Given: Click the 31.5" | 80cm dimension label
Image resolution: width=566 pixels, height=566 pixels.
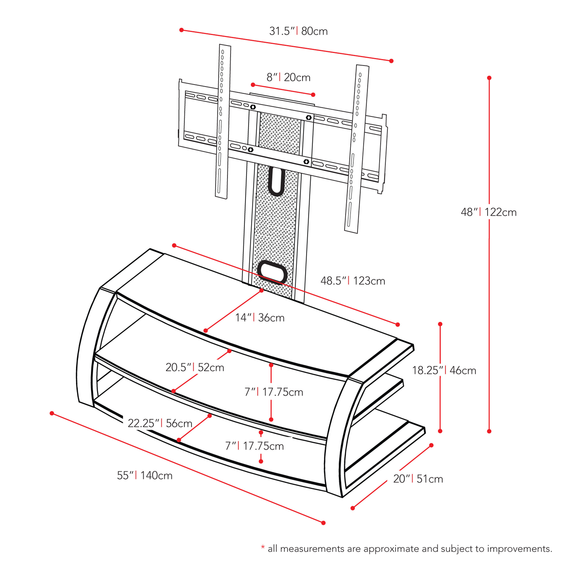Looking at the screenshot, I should (298, 31).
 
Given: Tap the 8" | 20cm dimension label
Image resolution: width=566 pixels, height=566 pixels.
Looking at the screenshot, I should (288, 77).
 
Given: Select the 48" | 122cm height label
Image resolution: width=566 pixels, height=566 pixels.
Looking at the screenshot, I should (489, 212).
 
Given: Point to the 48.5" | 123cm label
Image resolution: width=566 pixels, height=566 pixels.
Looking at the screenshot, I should (352, 281).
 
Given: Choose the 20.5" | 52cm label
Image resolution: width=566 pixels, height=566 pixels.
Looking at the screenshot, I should (195, 367).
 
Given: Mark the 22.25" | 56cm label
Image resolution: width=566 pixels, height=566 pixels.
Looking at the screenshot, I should (160, 423).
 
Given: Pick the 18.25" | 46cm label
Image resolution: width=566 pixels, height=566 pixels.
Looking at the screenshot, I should (444, 370).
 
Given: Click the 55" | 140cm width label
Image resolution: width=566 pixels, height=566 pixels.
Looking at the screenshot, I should (145, 475).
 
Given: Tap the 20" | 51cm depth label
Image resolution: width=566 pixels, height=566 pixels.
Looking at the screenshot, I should (418, 479).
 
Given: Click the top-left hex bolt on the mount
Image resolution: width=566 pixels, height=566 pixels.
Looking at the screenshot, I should (253, 107).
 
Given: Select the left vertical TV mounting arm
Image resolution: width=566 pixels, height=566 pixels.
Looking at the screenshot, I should (223, 122).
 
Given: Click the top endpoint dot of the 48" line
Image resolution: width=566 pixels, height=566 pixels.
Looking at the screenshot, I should (489, 78).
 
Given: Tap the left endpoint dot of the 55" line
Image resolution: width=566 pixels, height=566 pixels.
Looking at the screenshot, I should (52, 413).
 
